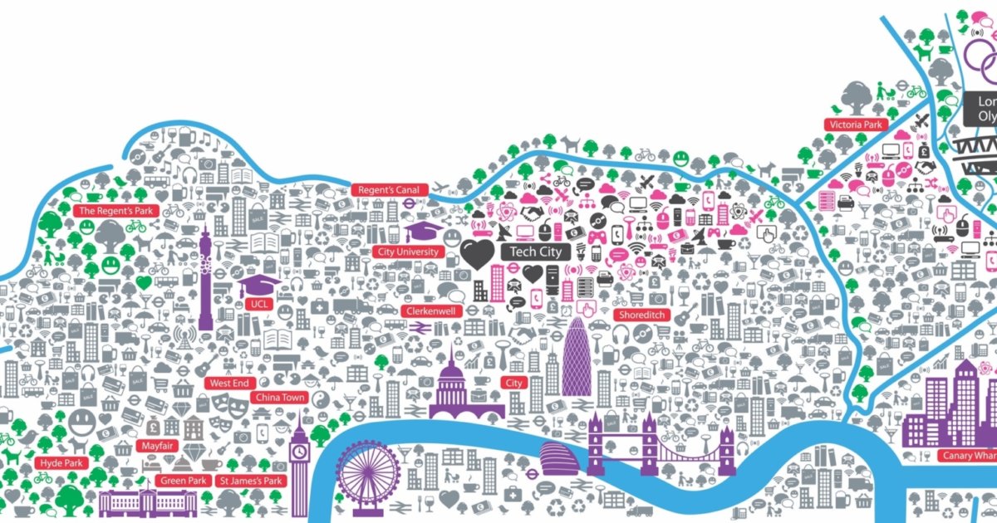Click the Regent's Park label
pos(116,211)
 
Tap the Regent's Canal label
pos(390,190)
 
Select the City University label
pos(407,252)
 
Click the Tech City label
pos(535,252)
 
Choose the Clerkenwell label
pos(430,310)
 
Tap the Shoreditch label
pos(641,315)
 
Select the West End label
pos(229,384)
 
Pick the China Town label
pos(280,398)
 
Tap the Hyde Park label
pos(61,462)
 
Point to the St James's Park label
pos(251,481)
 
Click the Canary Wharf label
pos(968,456)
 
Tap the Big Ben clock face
pos(299,452)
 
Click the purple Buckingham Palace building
pos(150,502)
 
